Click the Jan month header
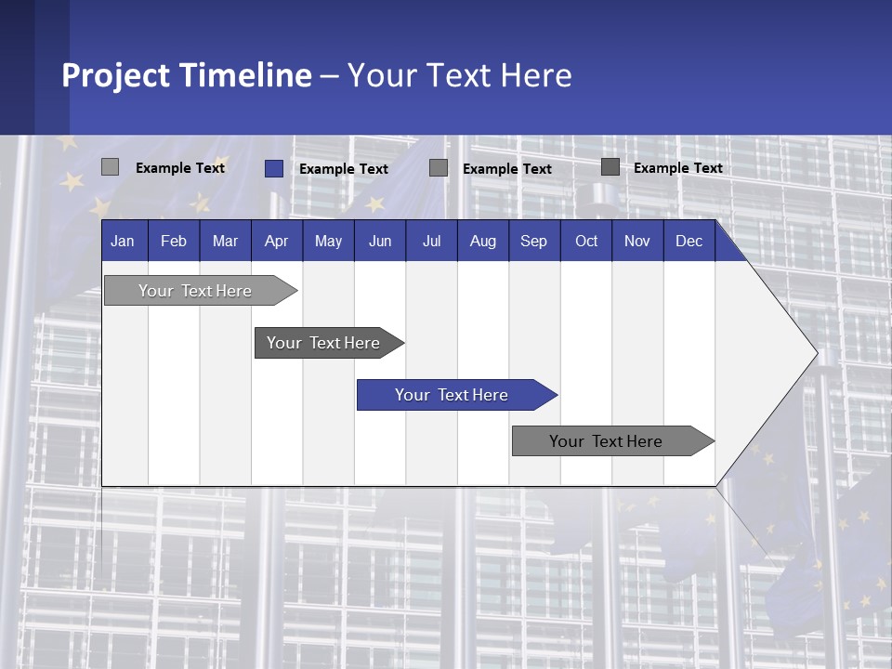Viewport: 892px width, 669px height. [x=123, y=241]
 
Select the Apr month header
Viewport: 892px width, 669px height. [x=277, y=241]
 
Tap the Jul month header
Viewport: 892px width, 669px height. [x=431, y=241]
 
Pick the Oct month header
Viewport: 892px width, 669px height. [x=586, y=241]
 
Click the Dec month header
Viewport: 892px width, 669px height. [x=689, y=241]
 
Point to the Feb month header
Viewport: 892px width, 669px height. [x=174, y=241]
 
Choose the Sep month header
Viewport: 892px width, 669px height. [x=533, y=241]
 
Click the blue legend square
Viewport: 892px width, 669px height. [x=273, y=168]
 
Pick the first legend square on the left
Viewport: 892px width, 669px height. [x=110, y=167]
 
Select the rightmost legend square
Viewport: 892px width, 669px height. [x=610, y=167]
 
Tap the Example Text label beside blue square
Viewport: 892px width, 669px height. [x=344, y=169]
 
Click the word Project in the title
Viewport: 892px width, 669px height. [x=116, y=74]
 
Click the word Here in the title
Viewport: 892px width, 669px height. [x=536, y=74]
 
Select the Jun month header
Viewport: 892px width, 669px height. [x=380, y=241]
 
